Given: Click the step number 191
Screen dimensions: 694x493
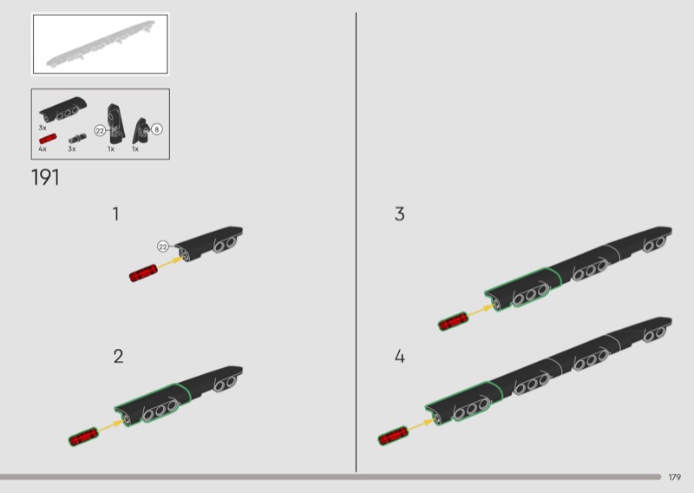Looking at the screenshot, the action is [45, 177].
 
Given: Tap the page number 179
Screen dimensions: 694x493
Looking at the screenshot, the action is [675, 477].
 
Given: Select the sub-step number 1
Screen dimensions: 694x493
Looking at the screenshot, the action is [116, 214].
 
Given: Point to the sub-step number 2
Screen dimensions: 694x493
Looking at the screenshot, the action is [118, 357].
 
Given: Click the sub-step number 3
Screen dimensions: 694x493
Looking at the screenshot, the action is [399, 214].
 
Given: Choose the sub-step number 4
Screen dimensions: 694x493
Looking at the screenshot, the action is [400, 357].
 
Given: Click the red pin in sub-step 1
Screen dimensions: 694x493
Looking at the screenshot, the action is [143, 273].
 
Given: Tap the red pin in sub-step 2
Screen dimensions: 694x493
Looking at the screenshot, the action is [83, 437].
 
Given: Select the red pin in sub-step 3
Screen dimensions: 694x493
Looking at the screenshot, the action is [453, 321].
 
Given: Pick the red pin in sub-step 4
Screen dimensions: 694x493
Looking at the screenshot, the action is [393, 436].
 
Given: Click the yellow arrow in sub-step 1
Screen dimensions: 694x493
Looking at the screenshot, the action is [169, 262].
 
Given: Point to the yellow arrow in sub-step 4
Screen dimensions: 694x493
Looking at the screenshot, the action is [421, 425].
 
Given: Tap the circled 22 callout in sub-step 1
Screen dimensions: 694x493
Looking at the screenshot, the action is [163, 246].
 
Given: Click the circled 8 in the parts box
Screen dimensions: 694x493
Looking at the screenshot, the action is [157, 129].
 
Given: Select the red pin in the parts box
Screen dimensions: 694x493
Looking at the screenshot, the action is [48, 139].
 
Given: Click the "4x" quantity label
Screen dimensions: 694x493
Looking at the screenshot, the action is [43, 148].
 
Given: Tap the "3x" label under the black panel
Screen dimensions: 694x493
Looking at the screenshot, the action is [43, 128].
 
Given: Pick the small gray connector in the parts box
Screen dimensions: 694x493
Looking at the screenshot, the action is [77, 138].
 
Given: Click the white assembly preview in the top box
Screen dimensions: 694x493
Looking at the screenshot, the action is [101, 43].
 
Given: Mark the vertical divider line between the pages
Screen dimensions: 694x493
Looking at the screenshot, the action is [356, 242].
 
